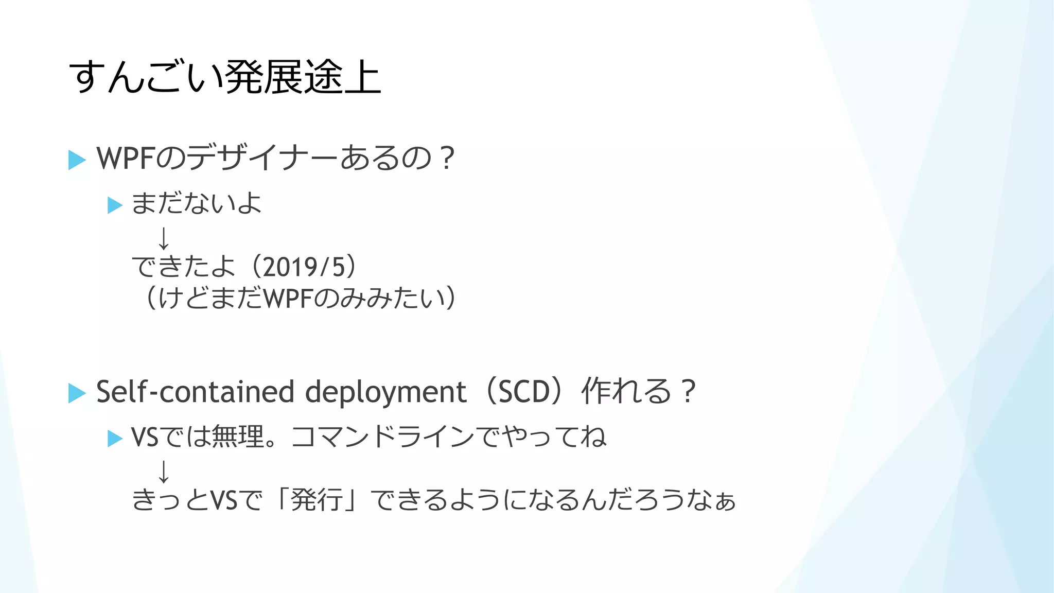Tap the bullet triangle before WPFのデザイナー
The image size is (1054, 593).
pos(77,160)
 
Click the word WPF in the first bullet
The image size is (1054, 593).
pos(125,158)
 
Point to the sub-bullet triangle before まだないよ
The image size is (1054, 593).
pos(115,205)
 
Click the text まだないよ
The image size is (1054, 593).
pos(196,203)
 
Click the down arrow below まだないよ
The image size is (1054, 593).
pos(164,238)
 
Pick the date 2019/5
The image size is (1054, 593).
pos(303,267)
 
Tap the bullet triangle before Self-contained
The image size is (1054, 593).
pos(77,393)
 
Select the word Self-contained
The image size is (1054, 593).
pos(195,392)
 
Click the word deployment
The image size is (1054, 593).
pos(385,393)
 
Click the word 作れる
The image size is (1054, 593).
pos(626,391)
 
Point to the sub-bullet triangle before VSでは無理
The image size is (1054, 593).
pos(115,439)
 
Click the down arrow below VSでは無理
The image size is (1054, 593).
pos(164,472)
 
